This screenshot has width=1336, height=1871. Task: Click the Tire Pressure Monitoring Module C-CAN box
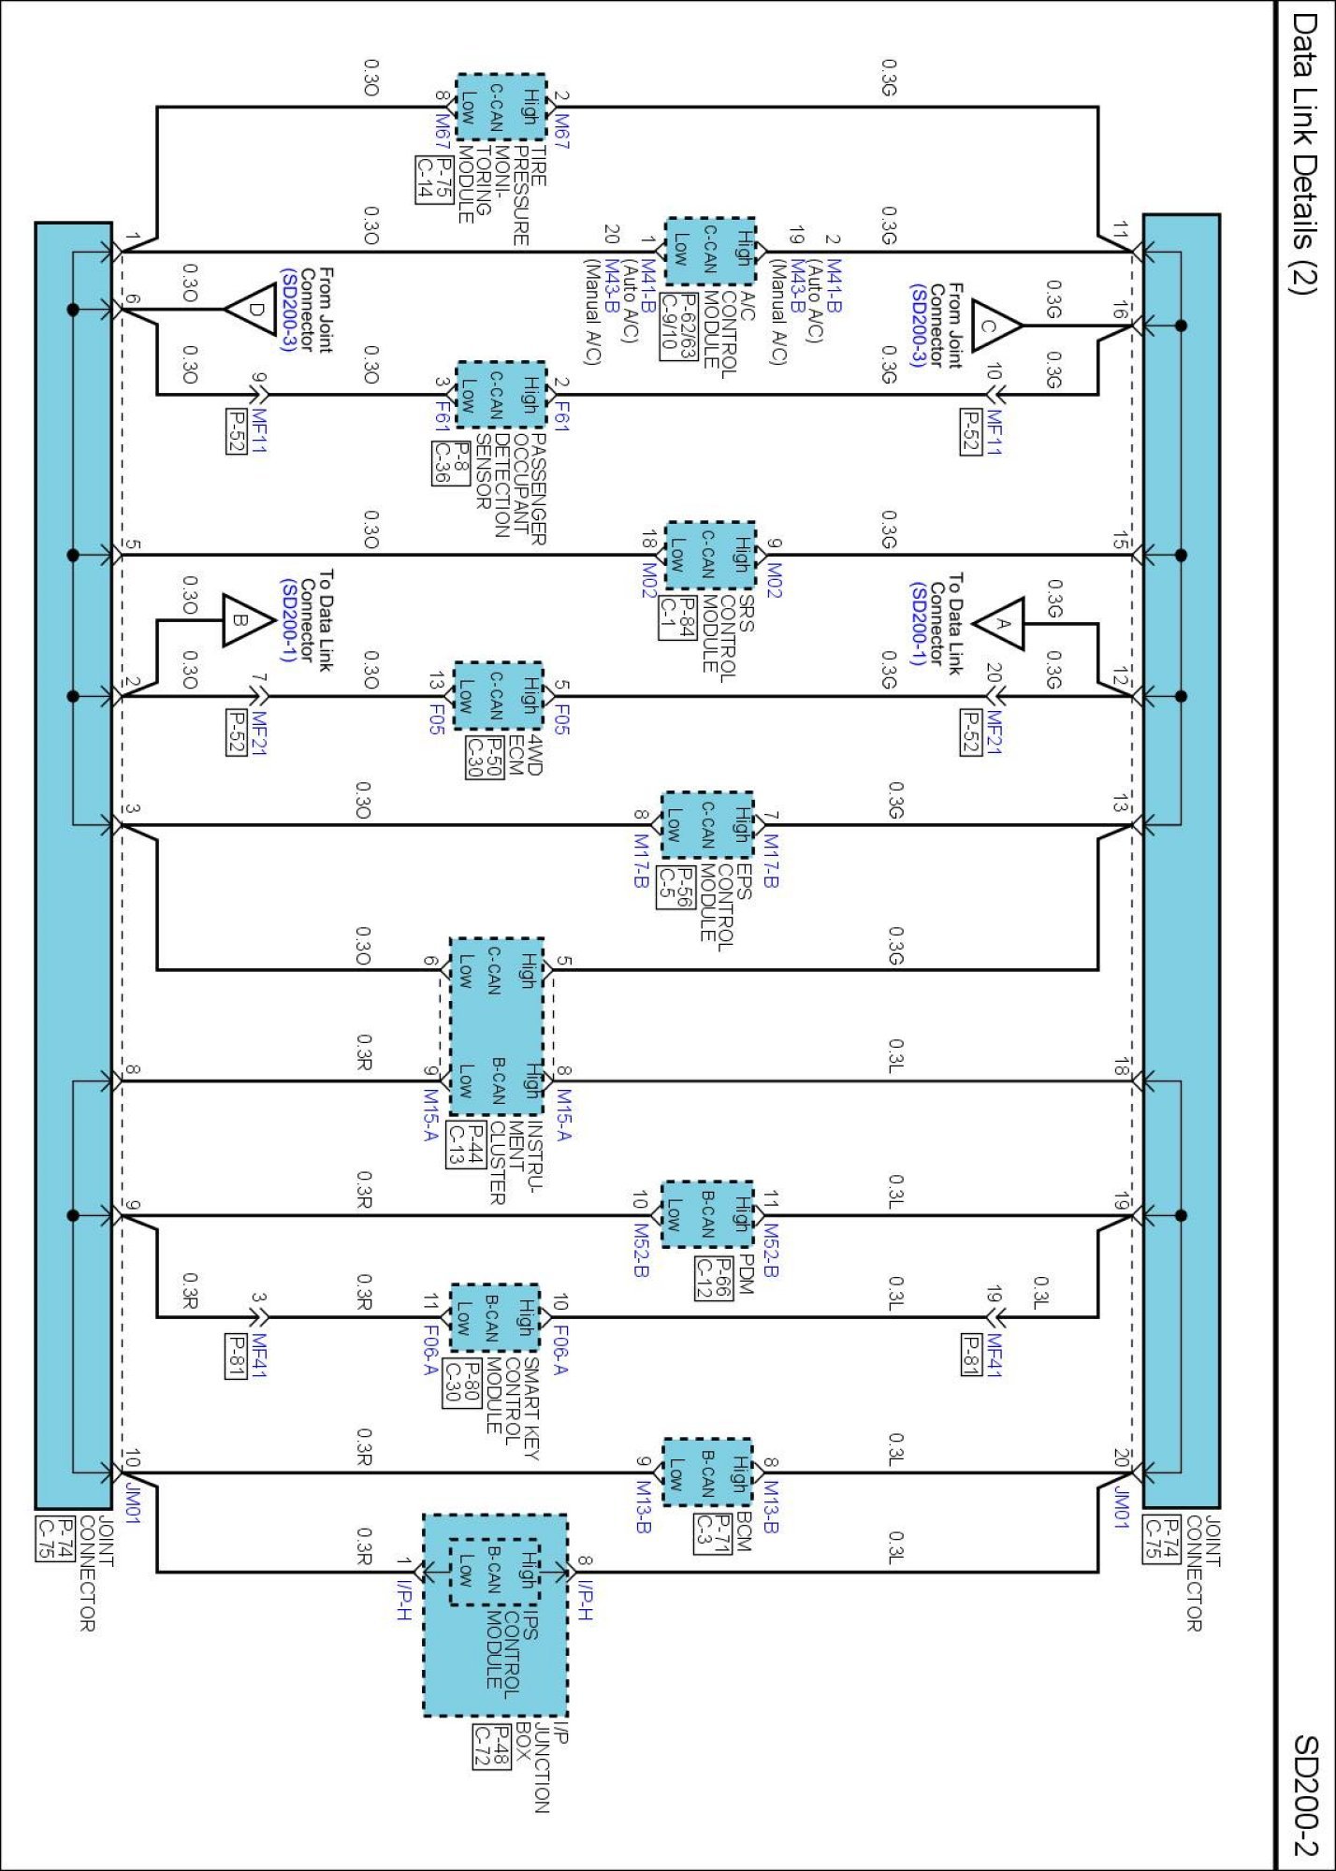tap(501, 107)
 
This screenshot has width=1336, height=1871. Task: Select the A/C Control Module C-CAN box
tap(710, 251)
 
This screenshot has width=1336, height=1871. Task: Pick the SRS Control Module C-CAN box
tap(709, 555)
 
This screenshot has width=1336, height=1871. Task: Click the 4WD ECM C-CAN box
tap(498, 695)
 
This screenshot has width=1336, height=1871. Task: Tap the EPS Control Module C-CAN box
tap(707, 824)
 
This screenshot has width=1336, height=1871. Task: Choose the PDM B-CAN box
tap(707, 1214)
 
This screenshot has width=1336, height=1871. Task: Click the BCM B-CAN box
tap(707, 1472)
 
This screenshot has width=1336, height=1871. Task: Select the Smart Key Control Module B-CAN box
tap(495, 1317)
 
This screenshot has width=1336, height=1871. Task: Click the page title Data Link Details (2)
tap(1304, 153)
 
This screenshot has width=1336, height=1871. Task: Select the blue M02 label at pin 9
tap(774, 580)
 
